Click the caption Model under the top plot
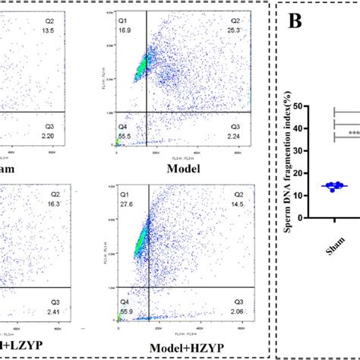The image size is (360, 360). [x=182, y=168]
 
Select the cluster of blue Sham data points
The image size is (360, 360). [x=333, y=186]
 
